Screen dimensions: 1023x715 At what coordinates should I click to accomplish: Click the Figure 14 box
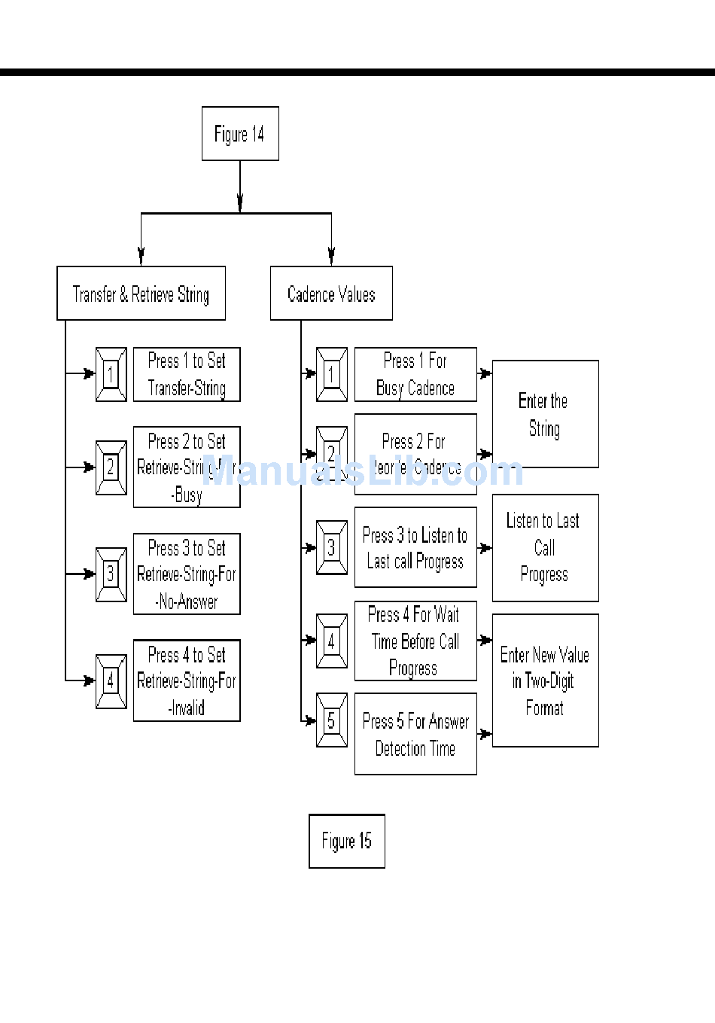click(240, 134)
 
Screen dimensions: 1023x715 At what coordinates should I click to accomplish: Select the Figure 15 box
click(347, 841)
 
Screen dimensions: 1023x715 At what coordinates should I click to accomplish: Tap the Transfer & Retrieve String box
click(141, 294)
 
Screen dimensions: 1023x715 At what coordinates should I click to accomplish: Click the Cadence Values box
click(331, 294)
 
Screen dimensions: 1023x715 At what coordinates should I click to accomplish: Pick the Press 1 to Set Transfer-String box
click(187, 374)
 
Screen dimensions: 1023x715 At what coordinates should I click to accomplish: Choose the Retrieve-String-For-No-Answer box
click(187, 574)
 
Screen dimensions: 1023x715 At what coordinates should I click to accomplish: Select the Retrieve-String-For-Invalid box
click(187, 680)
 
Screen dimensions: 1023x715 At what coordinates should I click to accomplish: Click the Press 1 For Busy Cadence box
click(415, 374)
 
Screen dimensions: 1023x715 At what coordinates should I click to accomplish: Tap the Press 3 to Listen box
click(415, 547)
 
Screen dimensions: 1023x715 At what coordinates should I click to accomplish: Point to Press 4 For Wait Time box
click(415, 641)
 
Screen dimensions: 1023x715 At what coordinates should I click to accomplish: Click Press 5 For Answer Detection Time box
click(415, 734)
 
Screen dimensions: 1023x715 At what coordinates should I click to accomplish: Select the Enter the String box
click(545, 414)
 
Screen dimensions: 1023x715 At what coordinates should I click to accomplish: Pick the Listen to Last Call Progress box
click(545, 547)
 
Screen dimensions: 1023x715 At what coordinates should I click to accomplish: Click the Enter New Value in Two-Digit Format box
click(545, 680)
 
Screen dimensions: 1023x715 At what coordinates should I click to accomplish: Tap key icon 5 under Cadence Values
click(331, 720)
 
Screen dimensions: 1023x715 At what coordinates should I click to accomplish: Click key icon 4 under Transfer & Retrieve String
click(111, 681)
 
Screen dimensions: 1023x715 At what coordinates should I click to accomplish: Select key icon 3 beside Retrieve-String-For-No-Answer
click(111, 574)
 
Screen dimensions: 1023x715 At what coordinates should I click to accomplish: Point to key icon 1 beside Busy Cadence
click(331, 374)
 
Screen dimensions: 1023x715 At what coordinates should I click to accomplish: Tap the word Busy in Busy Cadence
click(390, 388)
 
